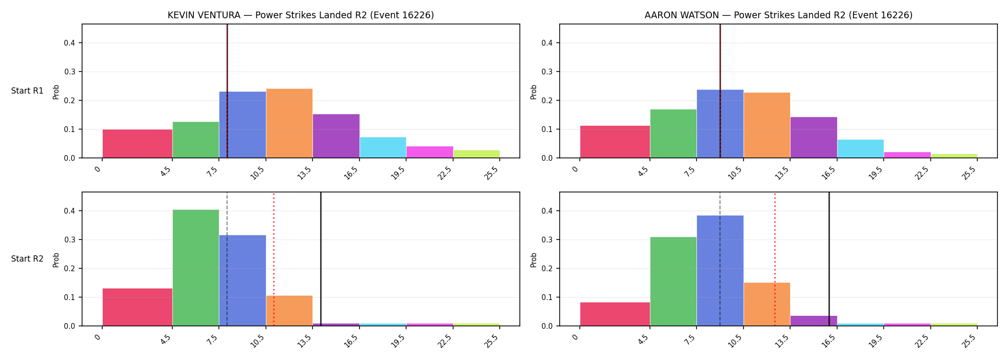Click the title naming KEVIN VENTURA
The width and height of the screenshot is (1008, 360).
pos(300,15)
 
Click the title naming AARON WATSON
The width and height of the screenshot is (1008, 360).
pos(778,15)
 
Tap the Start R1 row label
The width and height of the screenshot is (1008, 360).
pos(27,91)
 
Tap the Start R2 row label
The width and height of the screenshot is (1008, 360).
pos(27,259)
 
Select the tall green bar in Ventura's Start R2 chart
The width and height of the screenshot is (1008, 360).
pos(196,268)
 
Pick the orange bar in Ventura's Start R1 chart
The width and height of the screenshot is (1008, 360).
pos(289,123)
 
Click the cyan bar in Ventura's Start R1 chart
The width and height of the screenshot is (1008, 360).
pos(383,148)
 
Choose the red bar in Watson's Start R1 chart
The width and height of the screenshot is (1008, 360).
pos(615,142)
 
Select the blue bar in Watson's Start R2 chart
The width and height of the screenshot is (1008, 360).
pos(720,271)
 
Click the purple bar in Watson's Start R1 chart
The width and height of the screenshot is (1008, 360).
pos(814,137)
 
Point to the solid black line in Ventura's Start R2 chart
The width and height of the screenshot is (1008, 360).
pos(321,259)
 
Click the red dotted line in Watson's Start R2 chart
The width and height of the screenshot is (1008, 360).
pos(775,259)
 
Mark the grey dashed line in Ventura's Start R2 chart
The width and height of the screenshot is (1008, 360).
pos(227,259)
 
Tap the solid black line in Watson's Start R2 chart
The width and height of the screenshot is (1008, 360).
pos(829,259)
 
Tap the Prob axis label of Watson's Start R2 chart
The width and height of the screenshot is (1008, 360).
pos(534,260)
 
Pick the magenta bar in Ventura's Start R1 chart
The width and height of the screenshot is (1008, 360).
pos(430,152)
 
